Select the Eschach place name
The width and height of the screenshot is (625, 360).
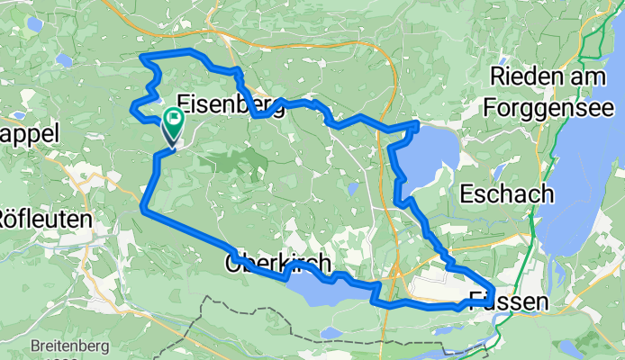(503, 193)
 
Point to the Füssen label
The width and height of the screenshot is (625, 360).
(508, 302)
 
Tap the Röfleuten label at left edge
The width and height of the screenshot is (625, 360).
(43, 218)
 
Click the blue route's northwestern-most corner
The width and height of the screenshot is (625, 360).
(142, 58)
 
